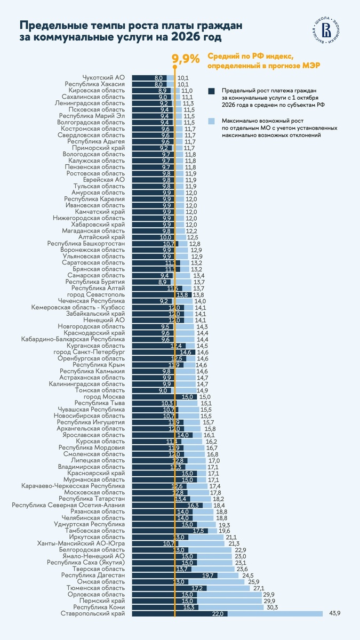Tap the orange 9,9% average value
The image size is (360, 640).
[x=186, y=58]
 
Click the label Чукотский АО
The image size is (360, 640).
[x=103, y=78]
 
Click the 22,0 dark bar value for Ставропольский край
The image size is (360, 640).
[x=218, y=614]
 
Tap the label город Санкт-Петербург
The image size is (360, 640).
[x=90, y=353]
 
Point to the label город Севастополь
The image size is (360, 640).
[x=96, y=294]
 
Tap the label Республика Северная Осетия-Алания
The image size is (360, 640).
[x=68, y=505]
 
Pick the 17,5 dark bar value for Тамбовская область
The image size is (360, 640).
[x=199, y=531]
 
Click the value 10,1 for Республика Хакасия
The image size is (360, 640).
[x=183, y=84]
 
